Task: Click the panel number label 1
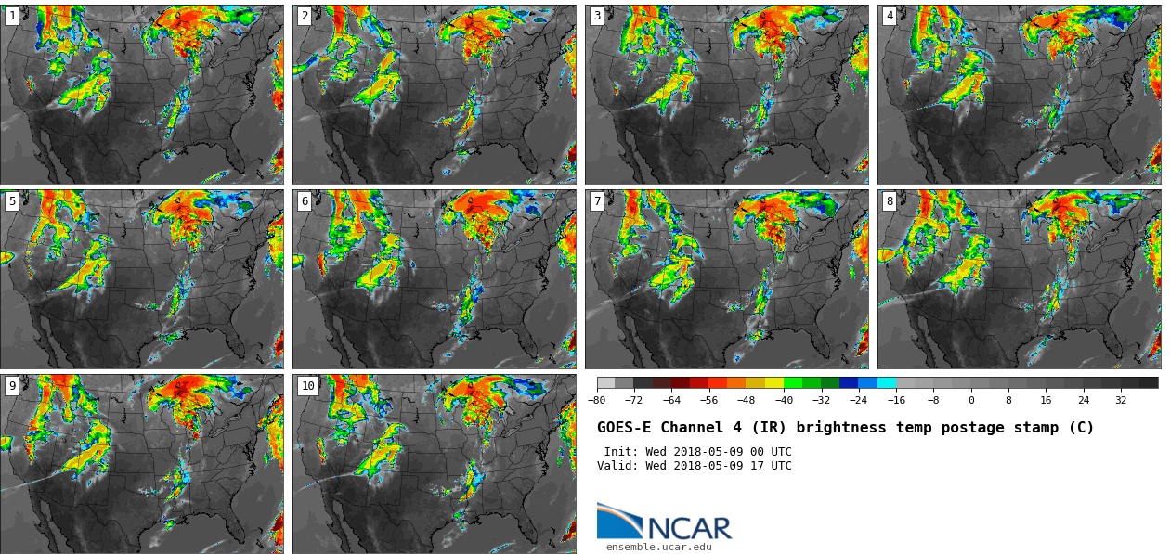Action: click(12, 16)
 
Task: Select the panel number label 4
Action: click(890, 16)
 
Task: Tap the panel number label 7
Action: click(597, 200)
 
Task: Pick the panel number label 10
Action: click(307, 385)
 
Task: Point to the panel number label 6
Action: click(305, 200)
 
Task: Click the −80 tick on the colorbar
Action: click(597, 400)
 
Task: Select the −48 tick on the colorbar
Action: click(747, 400)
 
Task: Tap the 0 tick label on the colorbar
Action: click(971, 400)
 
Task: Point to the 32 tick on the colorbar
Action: click(1121, 400)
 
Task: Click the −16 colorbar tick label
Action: click(896, 400)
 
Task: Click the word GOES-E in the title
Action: click(623, 428)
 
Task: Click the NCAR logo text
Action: click(689, 529)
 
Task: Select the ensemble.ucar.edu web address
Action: click(659, 547)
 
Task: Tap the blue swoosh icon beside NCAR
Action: click(618, 522)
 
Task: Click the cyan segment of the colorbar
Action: click(887, 382)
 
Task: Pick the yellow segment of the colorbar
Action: click(774, 382)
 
